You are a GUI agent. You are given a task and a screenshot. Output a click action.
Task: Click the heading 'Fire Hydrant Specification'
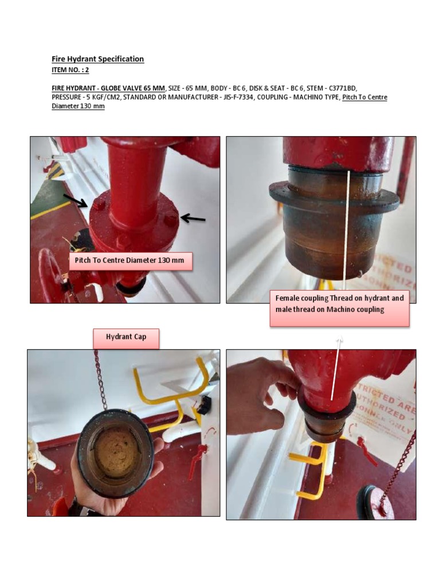(97, 59)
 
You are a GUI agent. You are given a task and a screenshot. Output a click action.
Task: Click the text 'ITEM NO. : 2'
(70, 70)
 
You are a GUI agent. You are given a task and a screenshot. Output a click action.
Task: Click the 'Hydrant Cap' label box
(126, 337)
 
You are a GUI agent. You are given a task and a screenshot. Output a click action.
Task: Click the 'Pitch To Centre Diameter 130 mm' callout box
(129, 260)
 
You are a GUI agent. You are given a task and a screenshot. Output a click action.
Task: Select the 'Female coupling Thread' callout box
(339, 304)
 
